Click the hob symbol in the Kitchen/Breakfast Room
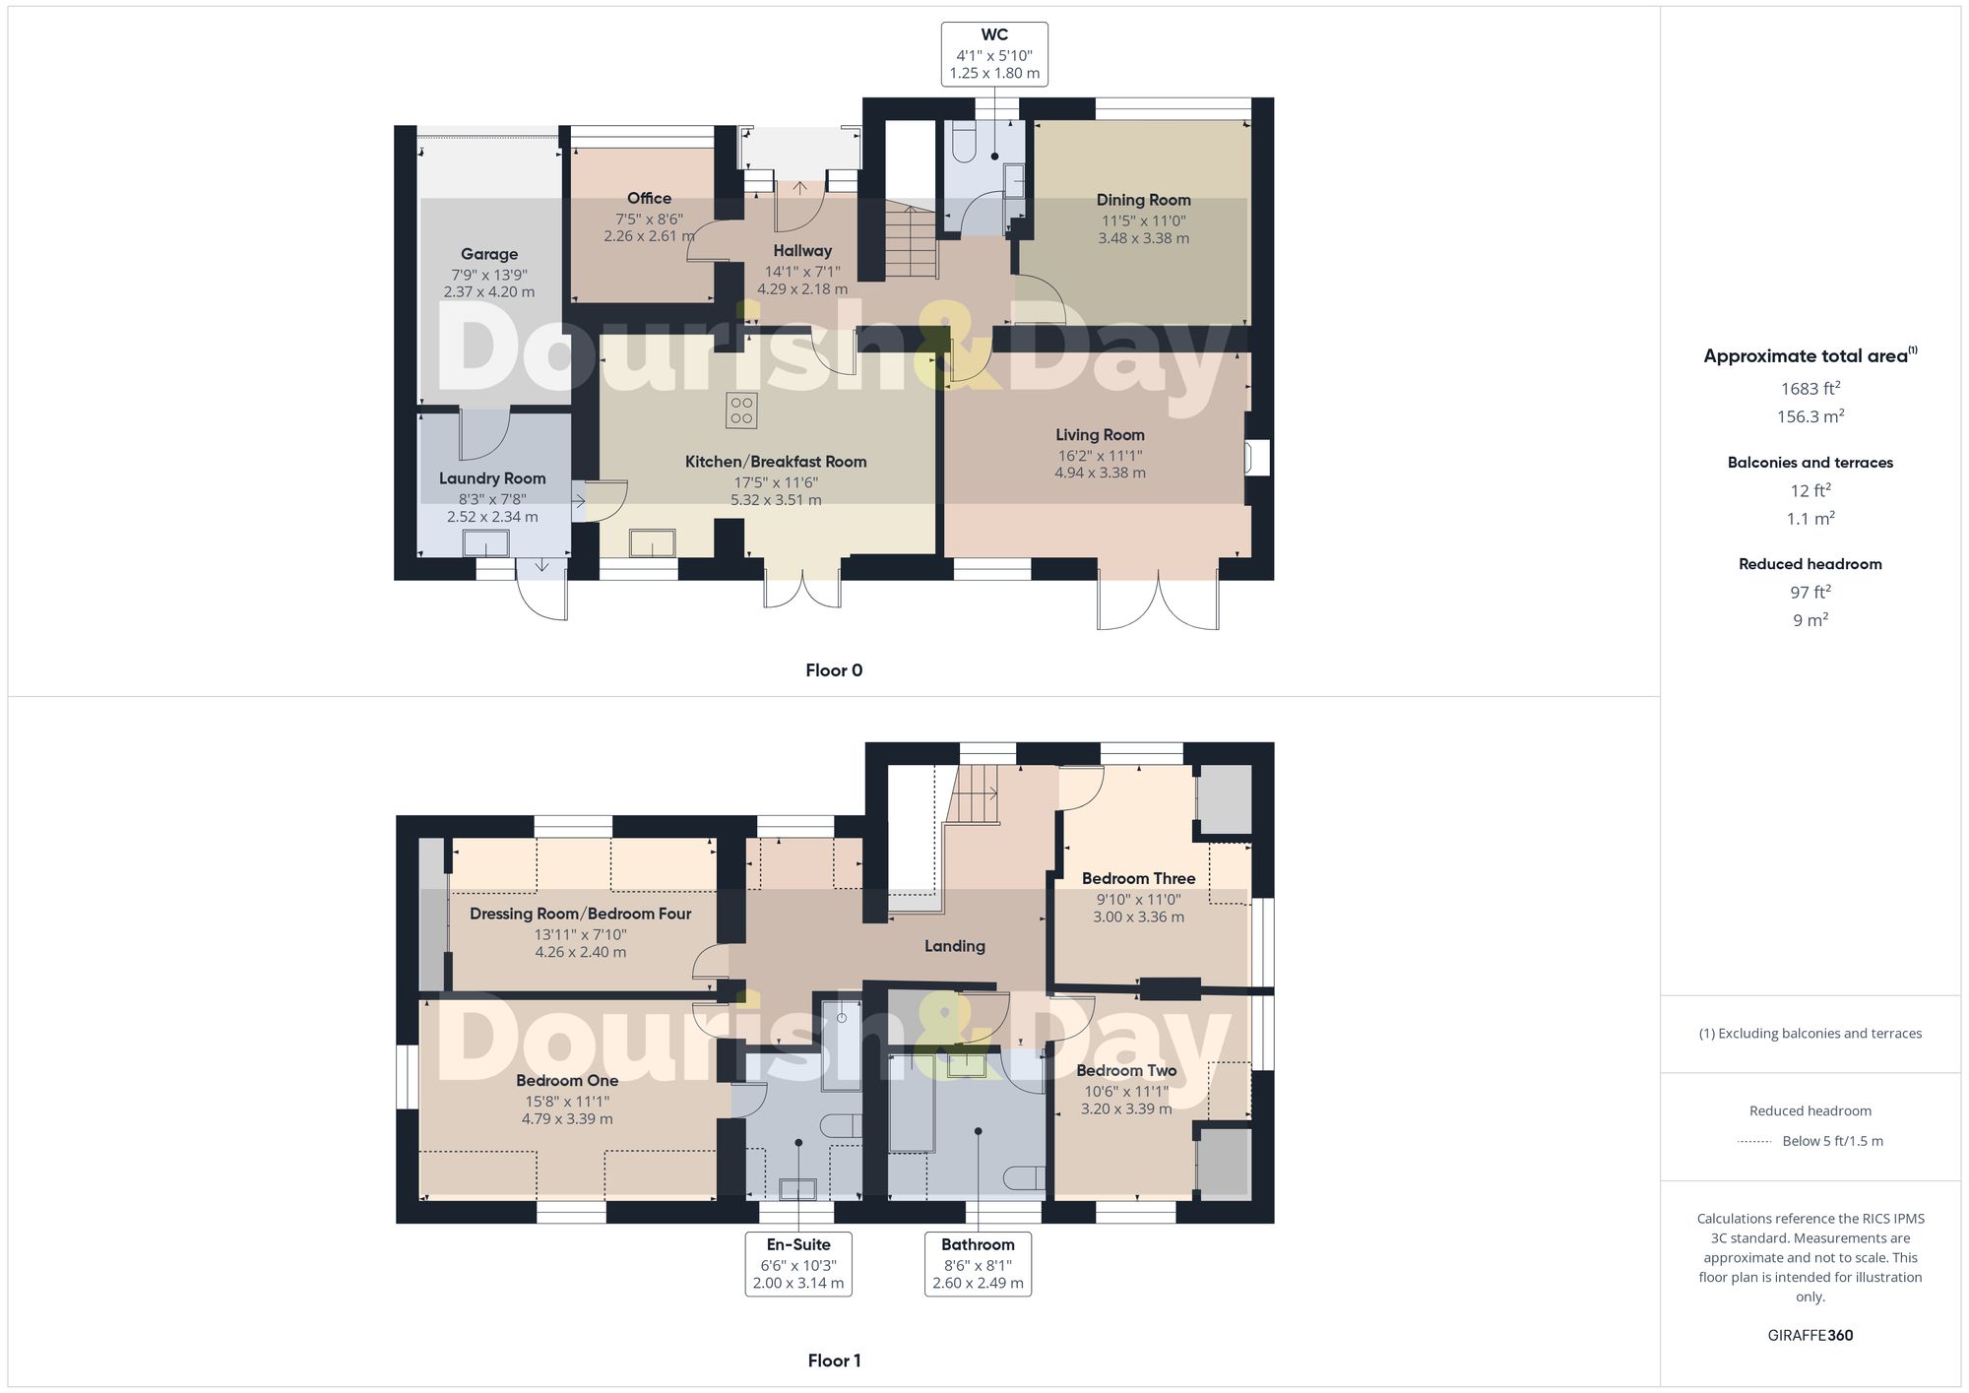pos(741,411)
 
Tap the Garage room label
pos(489,254)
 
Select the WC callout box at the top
pos(994,54)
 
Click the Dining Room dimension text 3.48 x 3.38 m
pos(1143,238)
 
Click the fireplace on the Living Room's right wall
pos(1256,458)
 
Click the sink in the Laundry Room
pos(486,543)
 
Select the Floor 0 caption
pos(834,670)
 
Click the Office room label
pos(649,199)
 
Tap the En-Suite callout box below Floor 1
pos(798,1264)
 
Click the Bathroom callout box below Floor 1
pos(978,1264)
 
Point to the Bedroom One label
pos(567,1081)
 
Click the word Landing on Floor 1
pos(954,946)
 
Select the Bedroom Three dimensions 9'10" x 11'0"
pos(1138,899)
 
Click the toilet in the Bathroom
pos(1027,1178)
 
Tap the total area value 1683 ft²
pos(1810,389)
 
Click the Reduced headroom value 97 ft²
pos(1810,592)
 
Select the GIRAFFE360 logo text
pos(1810,1336)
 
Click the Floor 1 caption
pos(834,1361)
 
